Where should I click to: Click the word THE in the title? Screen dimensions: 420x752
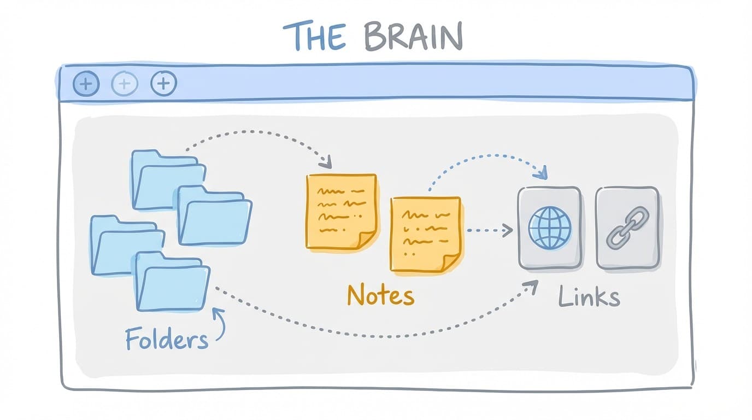click(314, 37)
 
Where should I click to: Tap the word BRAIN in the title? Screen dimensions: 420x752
click(413, 37)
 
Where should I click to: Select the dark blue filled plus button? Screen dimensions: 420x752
click(86, 84)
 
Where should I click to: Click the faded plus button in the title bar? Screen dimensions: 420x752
click(125, 84)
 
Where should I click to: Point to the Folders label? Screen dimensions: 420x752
click(166, 339)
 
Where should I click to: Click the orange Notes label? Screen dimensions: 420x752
click(380, 296)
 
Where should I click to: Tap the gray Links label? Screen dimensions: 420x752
click(589, 297)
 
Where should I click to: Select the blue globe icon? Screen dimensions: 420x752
click(549, 227)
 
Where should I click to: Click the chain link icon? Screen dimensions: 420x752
click(627, 227)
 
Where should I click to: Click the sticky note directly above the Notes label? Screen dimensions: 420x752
click(425, 234)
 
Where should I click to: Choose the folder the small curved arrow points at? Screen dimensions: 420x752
click(172, 282)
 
